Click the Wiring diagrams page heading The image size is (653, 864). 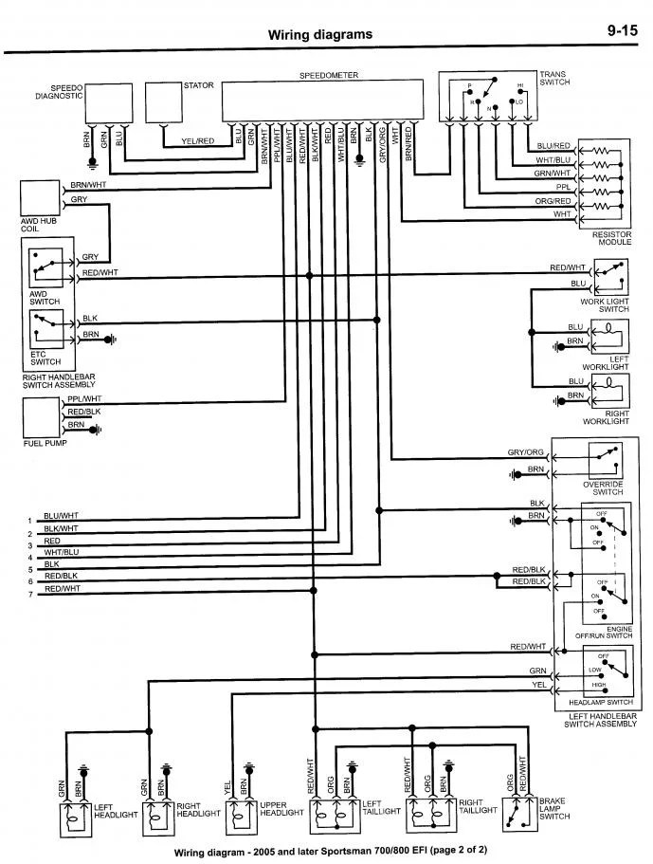click(x=319, y=35)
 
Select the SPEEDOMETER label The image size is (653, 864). click(x=322, y=74)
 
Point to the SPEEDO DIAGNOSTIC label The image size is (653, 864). click(x=60, y=91)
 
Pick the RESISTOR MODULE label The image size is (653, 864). click(x=610, y=237)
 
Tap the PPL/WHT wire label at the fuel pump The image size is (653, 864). click(x=84, y=399)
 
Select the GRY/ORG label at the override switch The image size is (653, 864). click(x=526, y=452)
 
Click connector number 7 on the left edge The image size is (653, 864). click(x=29, y=594)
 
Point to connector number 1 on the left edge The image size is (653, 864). click(x=29, y=521)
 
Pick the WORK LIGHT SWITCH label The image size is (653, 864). click(x=605, y=305)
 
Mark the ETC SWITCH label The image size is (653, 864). click(x=45, y=358)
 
